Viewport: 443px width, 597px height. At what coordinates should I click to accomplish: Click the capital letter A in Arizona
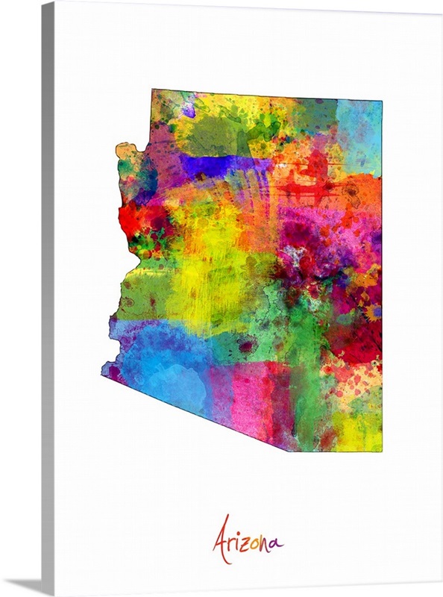pyautogui.click(x=221, y=539)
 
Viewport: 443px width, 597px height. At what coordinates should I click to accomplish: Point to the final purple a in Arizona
pyautogui.click(x=276, y=543)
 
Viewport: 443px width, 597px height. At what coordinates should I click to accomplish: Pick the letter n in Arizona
pyautogui.click(x=266, y=543)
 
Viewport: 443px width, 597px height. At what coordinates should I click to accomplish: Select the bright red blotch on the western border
pyautogui.click(x=133, y=216)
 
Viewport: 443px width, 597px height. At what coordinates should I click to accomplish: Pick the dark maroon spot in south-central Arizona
pyautogui.click(x=246, y=346)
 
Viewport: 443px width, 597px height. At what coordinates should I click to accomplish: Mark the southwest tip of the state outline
pyautogui.click(x=104, y=377)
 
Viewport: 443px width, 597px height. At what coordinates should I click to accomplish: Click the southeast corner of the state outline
pyautogui.click(x=381, y=451)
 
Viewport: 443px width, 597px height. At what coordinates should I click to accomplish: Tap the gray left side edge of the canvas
pyautogui.click(x=48, y=298)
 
